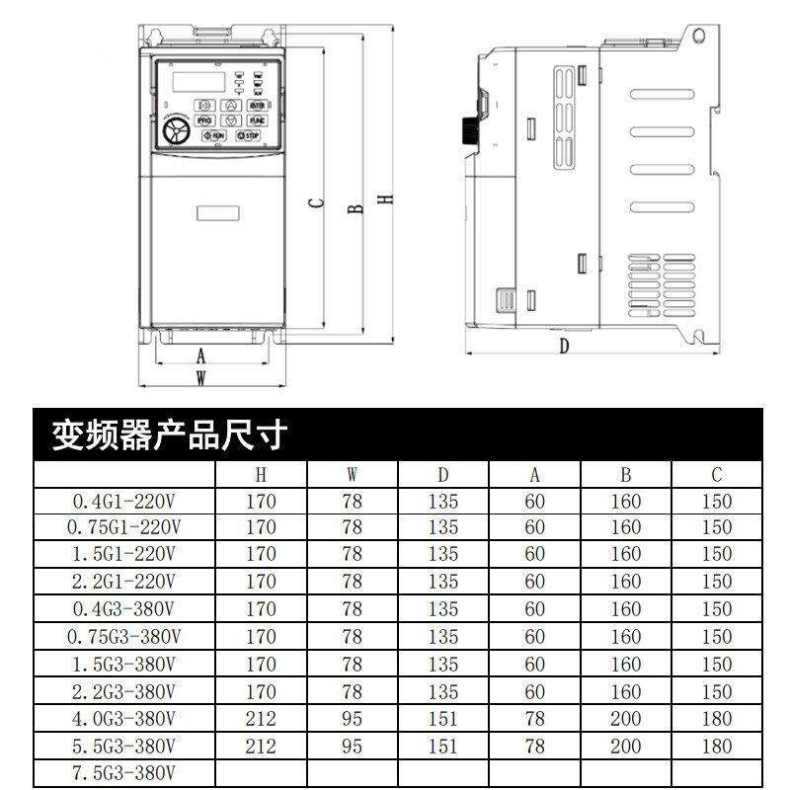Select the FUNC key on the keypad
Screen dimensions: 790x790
256,120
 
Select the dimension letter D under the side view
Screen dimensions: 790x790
564,346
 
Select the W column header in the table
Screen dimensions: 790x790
353,474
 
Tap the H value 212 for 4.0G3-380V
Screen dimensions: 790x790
261,718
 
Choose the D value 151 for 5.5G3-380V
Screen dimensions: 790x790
443,746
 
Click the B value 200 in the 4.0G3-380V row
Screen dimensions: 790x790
625,718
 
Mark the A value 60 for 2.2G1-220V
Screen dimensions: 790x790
534,582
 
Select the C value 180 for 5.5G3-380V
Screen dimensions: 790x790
717,746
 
